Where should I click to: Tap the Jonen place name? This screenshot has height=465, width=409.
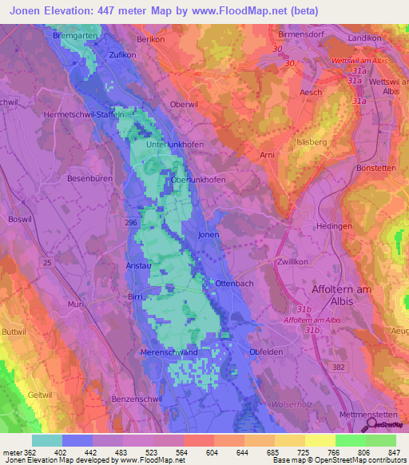click(x=208, y=236)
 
